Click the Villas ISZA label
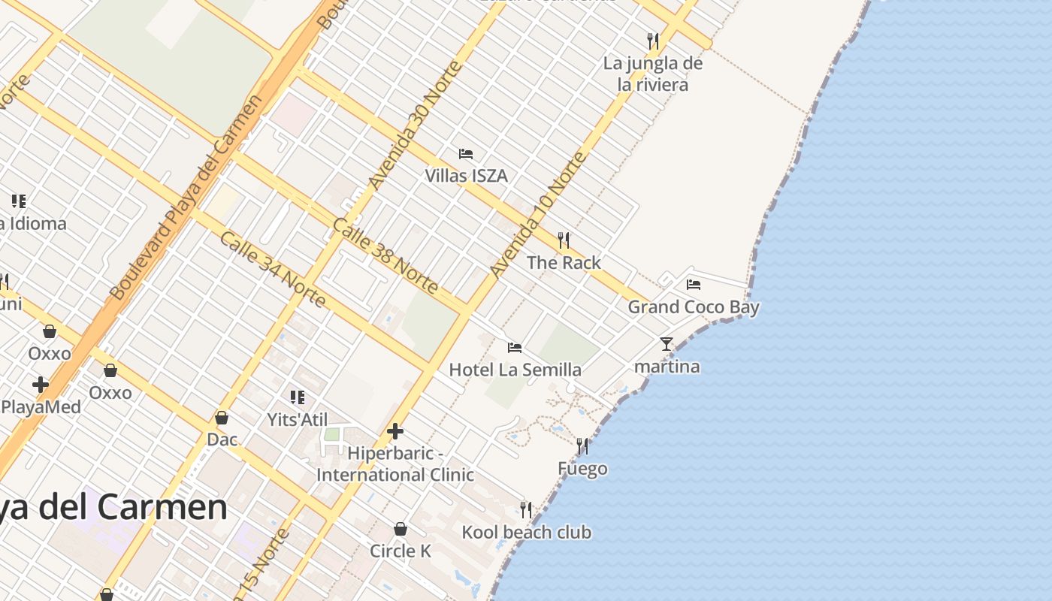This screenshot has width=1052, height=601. [x=466, y=176]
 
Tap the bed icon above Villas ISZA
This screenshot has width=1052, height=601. [x=466, y=154]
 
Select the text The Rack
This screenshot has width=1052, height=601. [x=564, y=262]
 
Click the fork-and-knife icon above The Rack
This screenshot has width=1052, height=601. [x=564, y=240]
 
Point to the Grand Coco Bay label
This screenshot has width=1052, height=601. [x=693, y=307]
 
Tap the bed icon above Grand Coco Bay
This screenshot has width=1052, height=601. [x=694, y=285]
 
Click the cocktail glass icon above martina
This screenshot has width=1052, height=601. [x=667, y=344]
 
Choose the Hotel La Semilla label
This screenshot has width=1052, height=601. [x=515, y=370]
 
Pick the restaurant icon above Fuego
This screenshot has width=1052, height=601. [x=582, y=446]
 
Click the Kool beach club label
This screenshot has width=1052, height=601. [x=526, y=533]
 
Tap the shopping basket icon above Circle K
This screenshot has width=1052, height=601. [x=401, y=529]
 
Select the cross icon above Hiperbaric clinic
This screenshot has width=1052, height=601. [x=395, y=431]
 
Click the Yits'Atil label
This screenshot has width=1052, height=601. [x=298, y=419]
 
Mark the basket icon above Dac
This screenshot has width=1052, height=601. [x=222, y=418]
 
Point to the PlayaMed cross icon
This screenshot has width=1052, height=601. [x=41, y=385]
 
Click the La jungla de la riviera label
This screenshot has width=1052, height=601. [x=653, y=74]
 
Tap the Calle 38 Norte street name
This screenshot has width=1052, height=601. [x=385, y=255]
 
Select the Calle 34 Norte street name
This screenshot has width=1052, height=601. [x=274, y=269]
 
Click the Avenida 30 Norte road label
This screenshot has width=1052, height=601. [x=415, y=126]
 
